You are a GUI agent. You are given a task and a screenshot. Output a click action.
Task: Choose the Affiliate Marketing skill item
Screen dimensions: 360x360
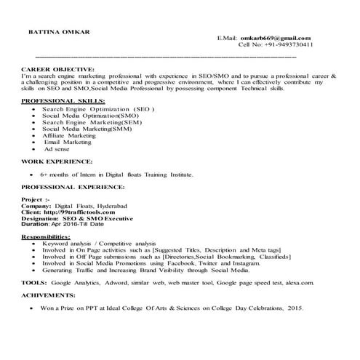(x=69, y=135)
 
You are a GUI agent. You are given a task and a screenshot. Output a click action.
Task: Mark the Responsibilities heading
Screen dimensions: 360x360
(x=46, y=237)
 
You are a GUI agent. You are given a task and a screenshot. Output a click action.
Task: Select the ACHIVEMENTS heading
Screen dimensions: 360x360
(x=49, y=295)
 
